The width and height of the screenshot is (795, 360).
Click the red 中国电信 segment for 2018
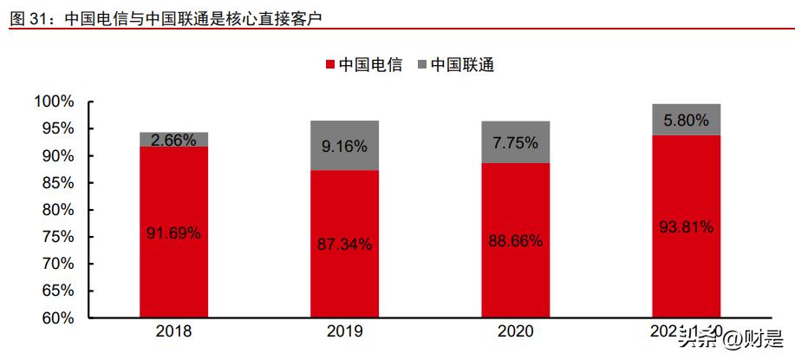(173, 269)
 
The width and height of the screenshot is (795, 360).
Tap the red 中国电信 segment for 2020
(516, 278)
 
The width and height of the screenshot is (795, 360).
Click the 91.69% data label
(173, 232)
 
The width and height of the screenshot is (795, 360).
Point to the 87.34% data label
(345, 244)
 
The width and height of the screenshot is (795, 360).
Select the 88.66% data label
(516, 240)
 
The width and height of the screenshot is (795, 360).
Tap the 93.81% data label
(687, 227)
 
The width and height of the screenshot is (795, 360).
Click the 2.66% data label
(173, 140)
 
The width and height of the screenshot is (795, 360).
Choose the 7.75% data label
(516, 142)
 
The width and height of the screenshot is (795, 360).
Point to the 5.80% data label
(687, 120)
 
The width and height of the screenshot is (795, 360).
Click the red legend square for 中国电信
(329, 65)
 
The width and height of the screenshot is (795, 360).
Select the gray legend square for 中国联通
(422, 65)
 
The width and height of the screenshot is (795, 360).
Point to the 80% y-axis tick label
(57, 210)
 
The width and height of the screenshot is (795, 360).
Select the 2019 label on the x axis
(345, 331)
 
